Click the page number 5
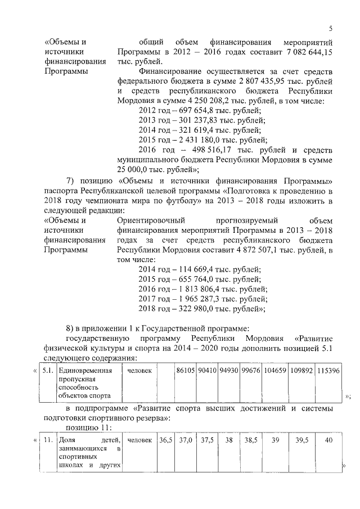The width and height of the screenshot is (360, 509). coord(331,29)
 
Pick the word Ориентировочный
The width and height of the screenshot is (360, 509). coord(147,220)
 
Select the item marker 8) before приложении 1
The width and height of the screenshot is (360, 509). coord(71,328)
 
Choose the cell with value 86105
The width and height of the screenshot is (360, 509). coord(185,371)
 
